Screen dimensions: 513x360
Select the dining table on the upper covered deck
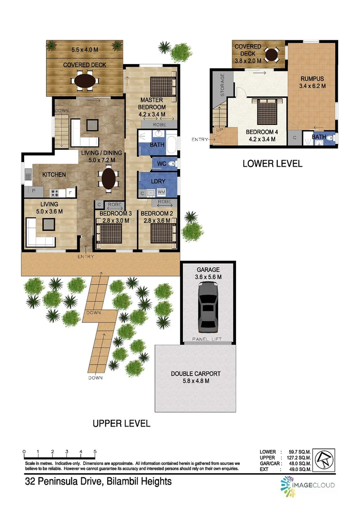tap(85, 80)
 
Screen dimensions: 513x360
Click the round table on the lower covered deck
tap(272, 55)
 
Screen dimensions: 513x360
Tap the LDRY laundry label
tap(158, 182)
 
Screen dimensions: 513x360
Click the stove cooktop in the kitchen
tap(55, 193)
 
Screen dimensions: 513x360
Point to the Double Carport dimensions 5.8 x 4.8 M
tap(196, 381)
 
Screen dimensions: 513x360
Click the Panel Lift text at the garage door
tap(208, 340)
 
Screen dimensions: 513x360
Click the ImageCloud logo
tap(307, 484)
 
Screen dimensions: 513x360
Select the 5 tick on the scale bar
tap(95, 452)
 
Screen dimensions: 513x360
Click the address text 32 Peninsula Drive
tap(98, 482)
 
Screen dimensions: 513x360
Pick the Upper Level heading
tap(121, 423)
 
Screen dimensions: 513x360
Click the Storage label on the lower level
tap(221, 86)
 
